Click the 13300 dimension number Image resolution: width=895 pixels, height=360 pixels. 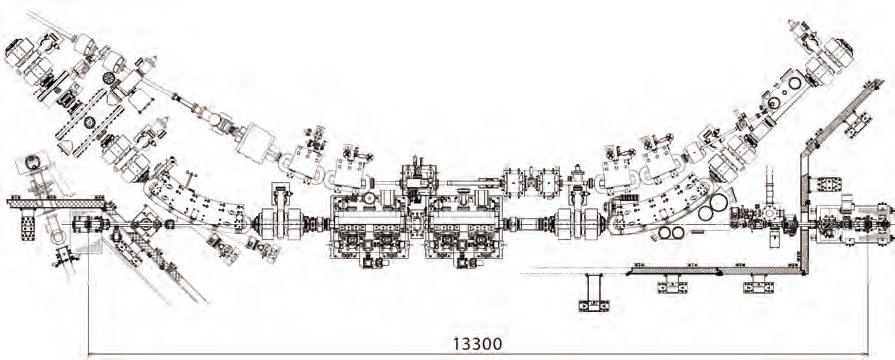tap(478, 343)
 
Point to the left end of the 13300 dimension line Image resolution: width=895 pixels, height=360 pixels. tap(88, 354)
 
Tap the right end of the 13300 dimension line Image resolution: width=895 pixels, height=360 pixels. tap(868, 354)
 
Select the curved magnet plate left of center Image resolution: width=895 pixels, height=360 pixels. tap(196, 200)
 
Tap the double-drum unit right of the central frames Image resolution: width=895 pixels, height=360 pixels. tap(581, 222)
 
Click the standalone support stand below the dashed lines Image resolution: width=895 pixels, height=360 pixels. tap(594, 292)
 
